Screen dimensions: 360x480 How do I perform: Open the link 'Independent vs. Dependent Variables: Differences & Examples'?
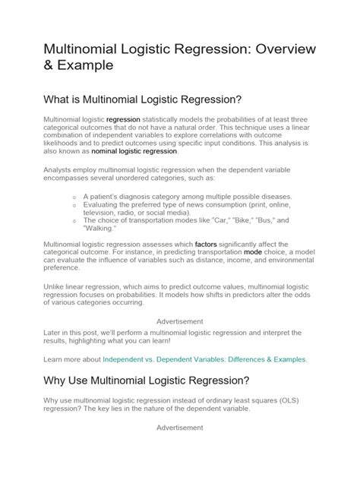[x=204, y=358]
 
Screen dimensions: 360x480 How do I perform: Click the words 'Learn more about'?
[x=72, y=358]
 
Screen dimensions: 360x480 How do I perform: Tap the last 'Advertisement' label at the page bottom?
[x=179, y=428]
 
